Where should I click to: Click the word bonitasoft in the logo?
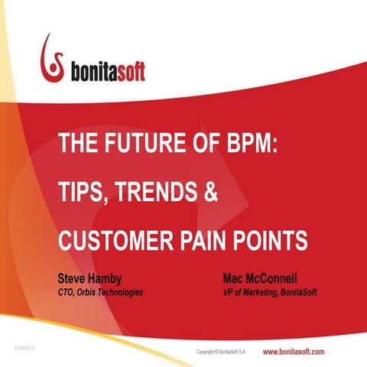pyautogui.click(x=105, y=71)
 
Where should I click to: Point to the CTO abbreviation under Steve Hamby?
pyautogui.click(x=68, y=293)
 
